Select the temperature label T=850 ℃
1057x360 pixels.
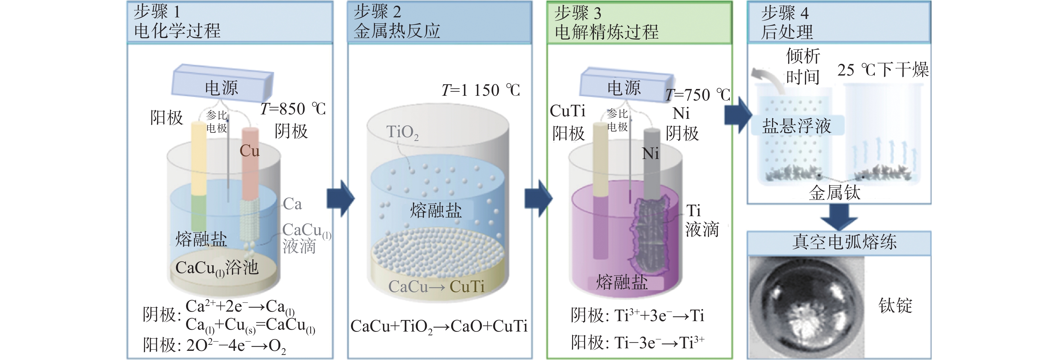click(x=293, y=109)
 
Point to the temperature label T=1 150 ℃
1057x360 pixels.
click(x=480, y=90)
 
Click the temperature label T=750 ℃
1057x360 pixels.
click(x=698, y=95)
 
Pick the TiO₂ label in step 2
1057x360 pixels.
click(x=402, y=132)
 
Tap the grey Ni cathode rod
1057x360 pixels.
click(x=651, y=164)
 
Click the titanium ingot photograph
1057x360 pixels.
click(x=806, y=308)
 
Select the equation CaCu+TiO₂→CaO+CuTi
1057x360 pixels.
click(x=439, y=327)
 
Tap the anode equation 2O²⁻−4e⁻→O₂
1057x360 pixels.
click(x=236, y=345)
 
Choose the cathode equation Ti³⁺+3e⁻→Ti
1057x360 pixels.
click(x=659, y=316)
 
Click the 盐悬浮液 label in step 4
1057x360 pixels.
click(x=796, y=125)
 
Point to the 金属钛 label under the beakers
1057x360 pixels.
click(x=834, y=192)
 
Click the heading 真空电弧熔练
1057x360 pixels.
click(x=844, y=242)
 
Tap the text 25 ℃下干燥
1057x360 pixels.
click(x=883, y=70)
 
